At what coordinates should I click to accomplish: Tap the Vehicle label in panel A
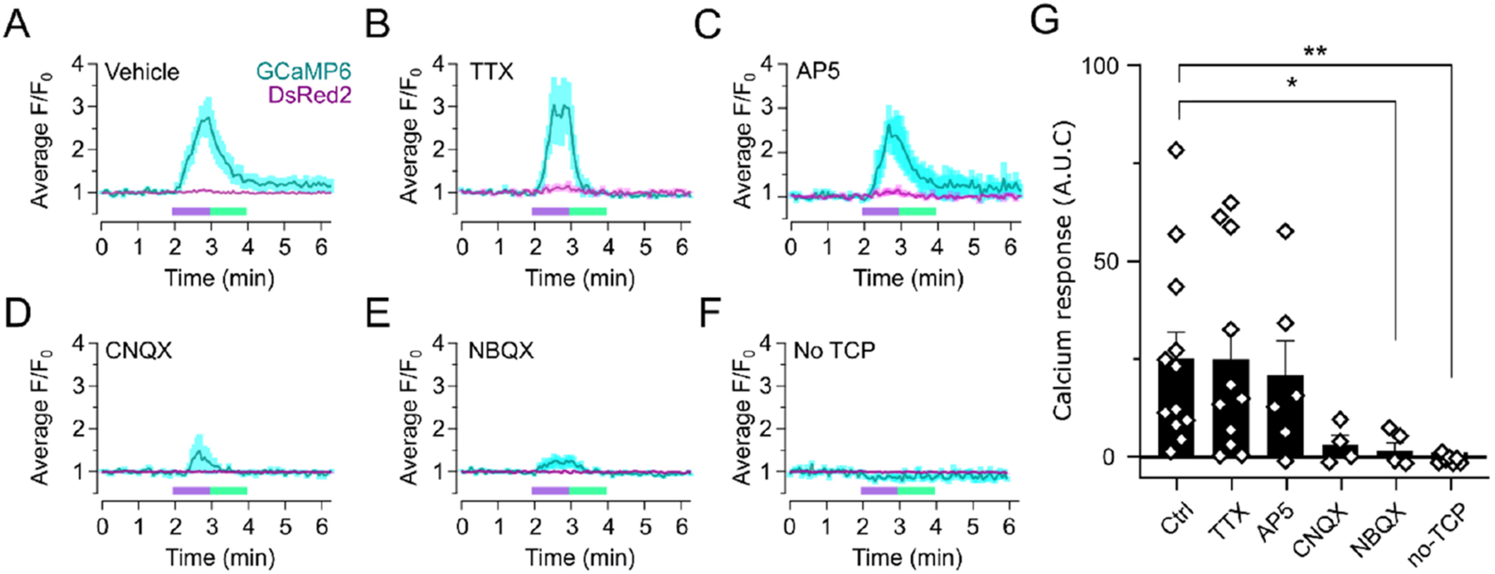142,73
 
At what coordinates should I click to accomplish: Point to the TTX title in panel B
492,73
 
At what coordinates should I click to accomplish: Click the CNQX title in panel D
139,351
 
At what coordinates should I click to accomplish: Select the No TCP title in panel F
834,350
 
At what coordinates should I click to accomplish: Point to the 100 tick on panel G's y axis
1101,66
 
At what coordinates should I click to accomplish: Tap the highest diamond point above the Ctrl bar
1177,150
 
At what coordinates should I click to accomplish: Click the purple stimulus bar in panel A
191,211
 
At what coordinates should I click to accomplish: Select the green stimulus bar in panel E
588,490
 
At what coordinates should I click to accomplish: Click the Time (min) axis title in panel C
909,278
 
